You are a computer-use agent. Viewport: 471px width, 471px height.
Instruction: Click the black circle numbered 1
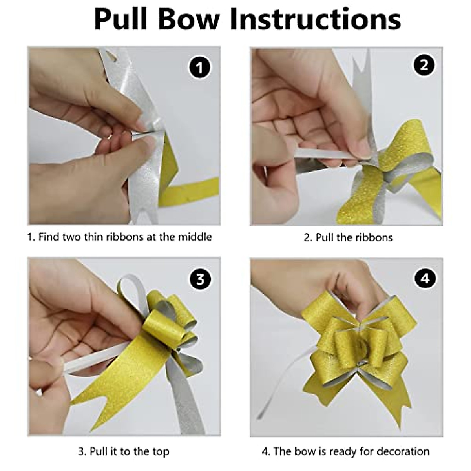pos(199,68)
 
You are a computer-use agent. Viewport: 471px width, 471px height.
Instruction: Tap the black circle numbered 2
pos(424,65)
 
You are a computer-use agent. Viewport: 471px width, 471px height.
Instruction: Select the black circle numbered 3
pos(200,279)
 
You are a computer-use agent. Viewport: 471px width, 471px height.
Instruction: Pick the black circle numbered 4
pos(425,278)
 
